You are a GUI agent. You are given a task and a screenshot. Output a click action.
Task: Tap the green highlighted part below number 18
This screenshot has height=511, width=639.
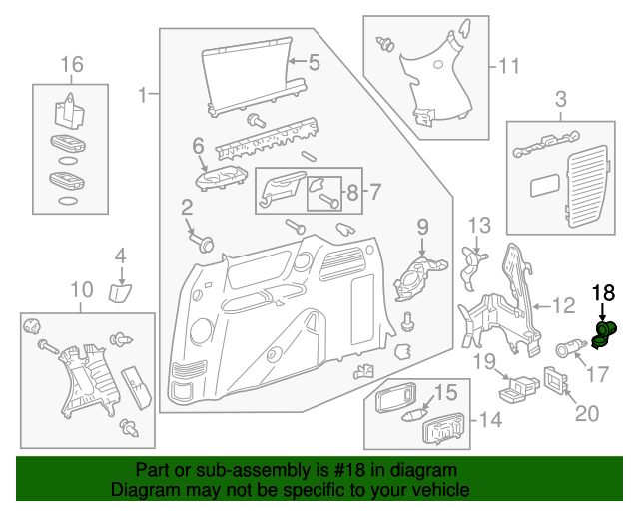[x=603, y=334]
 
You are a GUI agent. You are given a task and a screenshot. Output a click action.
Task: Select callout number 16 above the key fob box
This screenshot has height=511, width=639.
[x=71, y=65]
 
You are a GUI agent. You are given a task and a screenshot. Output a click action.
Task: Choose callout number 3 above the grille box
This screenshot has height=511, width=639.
[x=560, y=99]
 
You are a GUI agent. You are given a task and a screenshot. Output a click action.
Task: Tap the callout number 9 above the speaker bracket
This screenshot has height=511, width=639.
[x=421, y=228]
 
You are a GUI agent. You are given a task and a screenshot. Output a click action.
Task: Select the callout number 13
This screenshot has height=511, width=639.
[x=480, y=225]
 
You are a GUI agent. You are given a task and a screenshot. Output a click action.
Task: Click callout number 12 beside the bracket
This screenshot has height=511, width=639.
[x=564, y=305]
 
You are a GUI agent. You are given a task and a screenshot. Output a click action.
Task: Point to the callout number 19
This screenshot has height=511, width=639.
[x=484, y=360]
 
